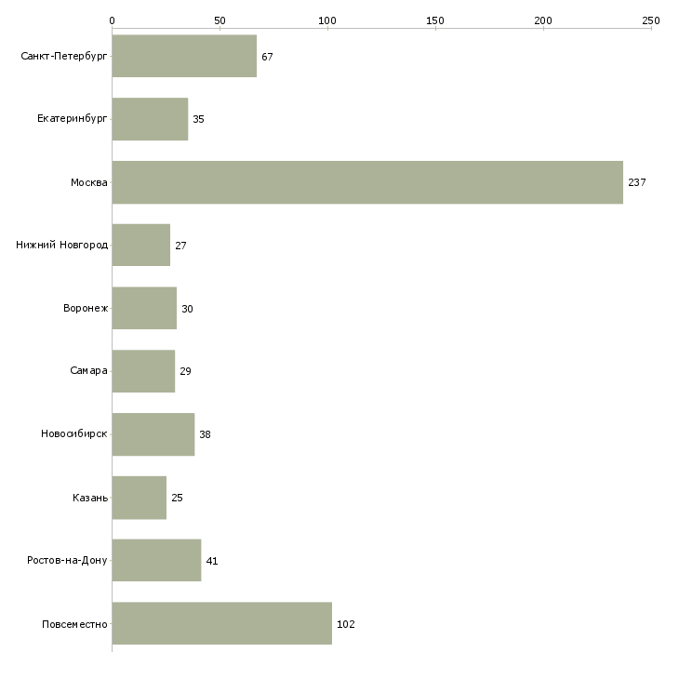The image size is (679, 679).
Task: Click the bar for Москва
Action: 367,182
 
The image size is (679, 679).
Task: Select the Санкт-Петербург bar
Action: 184,56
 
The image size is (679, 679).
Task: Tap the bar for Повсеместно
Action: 222,623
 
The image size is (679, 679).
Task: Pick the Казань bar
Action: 140,498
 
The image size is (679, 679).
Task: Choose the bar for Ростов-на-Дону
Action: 157,560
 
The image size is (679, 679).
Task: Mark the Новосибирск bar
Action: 153,434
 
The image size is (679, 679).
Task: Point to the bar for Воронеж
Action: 144,308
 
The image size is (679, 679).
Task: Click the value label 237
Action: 637,182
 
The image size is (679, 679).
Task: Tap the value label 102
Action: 346,624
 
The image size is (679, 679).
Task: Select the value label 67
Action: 267,57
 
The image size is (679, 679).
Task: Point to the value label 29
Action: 185,371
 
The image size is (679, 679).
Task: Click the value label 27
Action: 180,246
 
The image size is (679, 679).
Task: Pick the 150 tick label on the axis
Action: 435,20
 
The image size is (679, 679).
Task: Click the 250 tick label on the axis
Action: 651,20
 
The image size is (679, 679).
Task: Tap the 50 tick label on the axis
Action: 220,20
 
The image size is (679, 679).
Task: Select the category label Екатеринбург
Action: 72,119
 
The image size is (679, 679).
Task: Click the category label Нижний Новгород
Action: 62,245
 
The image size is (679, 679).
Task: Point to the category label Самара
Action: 88,371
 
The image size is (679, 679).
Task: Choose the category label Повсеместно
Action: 74,624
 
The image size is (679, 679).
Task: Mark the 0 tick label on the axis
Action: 113,20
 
